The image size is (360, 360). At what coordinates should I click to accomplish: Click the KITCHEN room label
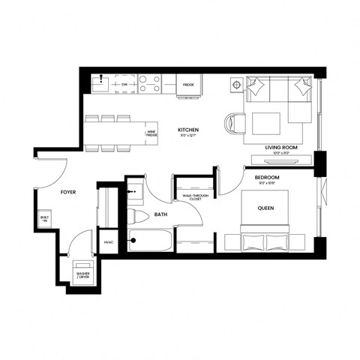[188, 130]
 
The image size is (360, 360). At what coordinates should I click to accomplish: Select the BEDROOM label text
[258, 178]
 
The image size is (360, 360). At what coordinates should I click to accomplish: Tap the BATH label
[161, 214]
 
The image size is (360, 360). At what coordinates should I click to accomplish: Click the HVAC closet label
[108, 242]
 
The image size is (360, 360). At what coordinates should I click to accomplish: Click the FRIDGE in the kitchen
[189, 85]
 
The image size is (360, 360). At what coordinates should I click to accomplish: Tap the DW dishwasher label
[124, 85]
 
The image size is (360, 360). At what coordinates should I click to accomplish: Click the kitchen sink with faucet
[103, 82]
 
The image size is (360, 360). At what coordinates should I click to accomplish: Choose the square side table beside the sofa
[236, 84]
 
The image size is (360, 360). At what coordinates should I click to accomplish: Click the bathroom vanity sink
[135, 191]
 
